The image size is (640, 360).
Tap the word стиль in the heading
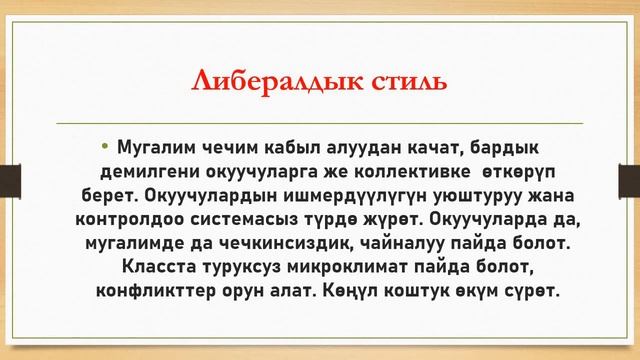(x=402, y=82)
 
